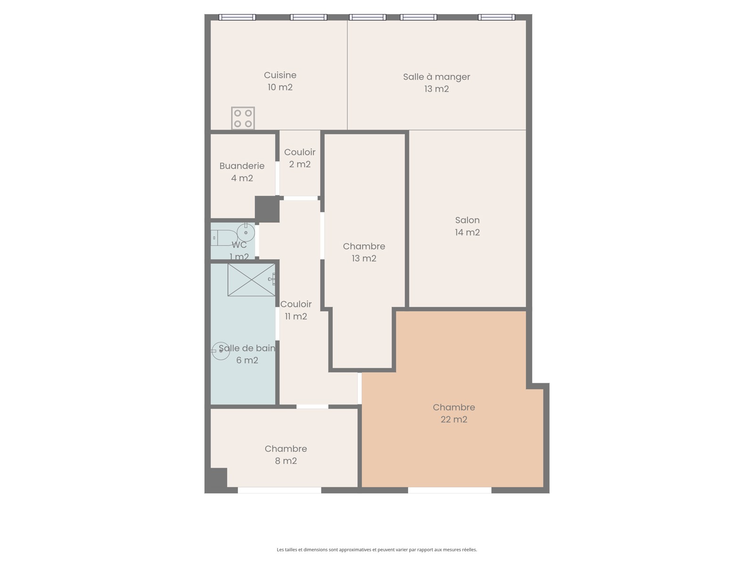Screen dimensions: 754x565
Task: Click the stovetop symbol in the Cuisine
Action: click(243, 118)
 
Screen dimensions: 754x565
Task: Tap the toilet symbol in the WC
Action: click(223, 238)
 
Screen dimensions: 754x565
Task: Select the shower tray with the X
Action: click(252, 280)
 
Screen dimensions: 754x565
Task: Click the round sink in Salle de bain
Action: click(221, 351)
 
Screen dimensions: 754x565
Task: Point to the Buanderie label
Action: click(242, 166)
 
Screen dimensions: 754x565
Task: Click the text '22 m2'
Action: click(454, 420)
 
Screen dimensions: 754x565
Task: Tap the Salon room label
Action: click(467, 220)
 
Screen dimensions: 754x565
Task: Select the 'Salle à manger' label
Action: click(436, 77)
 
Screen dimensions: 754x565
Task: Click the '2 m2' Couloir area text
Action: click(300, 164)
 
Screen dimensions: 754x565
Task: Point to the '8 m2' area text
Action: click(286, 461)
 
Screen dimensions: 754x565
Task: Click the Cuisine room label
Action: click(280, 75)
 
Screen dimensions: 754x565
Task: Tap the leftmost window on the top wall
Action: click(237, 17)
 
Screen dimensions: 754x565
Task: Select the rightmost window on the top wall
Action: click(496, 17)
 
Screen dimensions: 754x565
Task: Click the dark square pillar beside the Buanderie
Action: click(267, 209)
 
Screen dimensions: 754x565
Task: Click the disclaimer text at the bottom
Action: click(377, 549)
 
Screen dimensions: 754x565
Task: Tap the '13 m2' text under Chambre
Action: click(364, 258)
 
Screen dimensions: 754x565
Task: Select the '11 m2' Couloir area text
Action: click(296, 316)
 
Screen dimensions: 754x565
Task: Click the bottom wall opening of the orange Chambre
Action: click(450, 490)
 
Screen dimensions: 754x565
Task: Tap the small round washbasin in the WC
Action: click(246, 233)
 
